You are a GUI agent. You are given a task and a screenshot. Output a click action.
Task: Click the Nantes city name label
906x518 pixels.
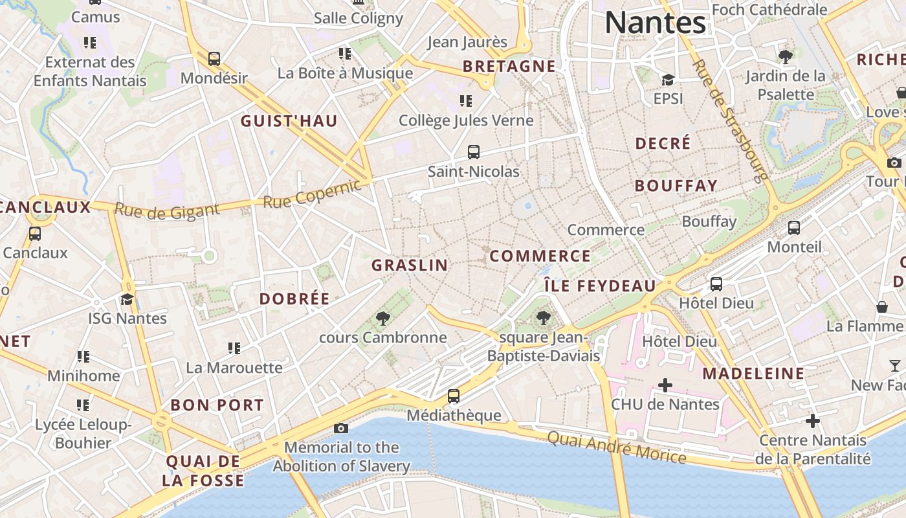pos(655,23)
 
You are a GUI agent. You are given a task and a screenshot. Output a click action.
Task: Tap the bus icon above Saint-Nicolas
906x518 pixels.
pos(474,152)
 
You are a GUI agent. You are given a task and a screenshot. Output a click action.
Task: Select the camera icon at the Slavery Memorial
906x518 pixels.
pos(340,428)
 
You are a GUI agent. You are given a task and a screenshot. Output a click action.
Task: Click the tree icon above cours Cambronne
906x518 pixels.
pos(382,318)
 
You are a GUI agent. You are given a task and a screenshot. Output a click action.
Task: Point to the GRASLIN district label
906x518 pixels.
pos(410,265)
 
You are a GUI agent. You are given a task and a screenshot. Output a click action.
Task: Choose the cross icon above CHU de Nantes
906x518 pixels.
pos(665,385)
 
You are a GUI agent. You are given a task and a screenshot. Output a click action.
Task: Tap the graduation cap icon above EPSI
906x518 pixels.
pos(668,80)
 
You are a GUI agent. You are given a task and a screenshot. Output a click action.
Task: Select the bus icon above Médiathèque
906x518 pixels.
pos(454,396)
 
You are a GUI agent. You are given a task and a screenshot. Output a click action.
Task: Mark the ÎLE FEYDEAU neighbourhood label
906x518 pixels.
pos(600,286)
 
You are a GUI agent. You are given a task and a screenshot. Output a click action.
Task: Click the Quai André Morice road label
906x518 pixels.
pos(617,447)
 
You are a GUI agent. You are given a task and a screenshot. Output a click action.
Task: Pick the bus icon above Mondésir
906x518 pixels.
pos(214,58)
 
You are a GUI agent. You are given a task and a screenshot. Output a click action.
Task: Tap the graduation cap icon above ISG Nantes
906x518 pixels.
pos(127,299)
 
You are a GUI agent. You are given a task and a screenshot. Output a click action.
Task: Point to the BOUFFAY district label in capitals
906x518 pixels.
pos(676,186)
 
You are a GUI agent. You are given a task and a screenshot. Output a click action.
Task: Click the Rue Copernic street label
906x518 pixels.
pos(311,194)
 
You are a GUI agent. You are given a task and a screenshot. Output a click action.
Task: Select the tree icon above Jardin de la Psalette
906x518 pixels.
pos(786,57)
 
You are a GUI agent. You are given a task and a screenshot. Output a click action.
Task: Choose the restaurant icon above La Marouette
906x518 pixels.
pos(234,348)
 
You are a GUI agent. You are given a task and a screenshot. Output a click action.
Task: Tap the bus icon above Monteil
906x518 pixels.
pos(794,228)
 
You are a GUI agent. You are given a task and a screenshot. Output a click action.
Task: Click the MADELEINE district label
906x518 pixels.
pos(753,374)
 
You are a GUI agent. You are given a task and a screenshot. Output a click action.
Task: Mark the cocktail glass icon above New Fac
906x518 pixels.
pos(894,366)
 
